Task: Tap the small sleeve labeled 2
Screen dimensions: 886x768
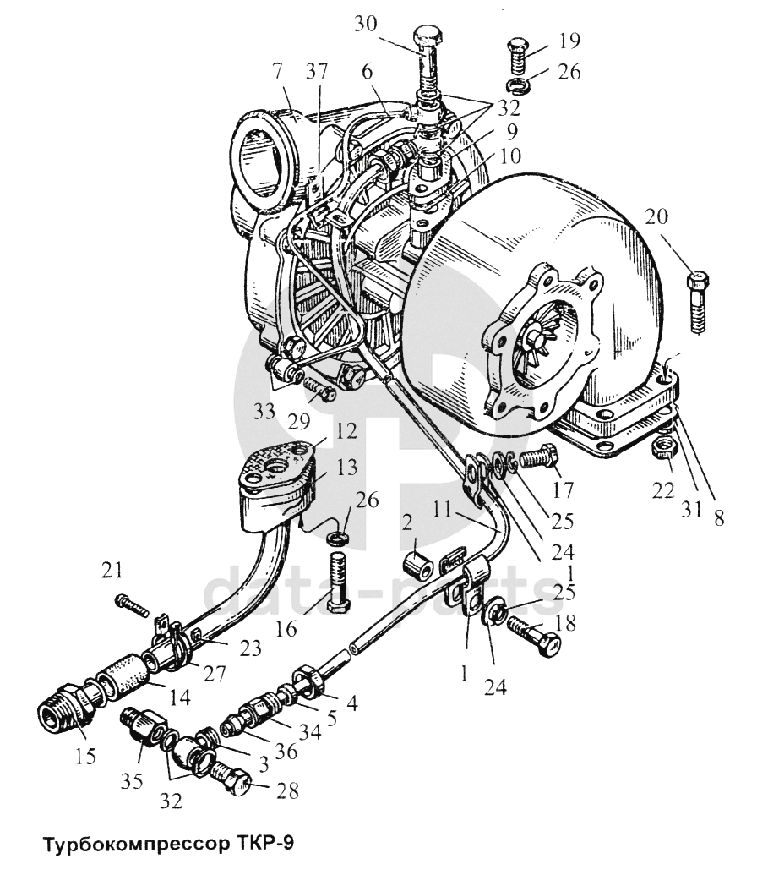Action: point(417,564)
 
